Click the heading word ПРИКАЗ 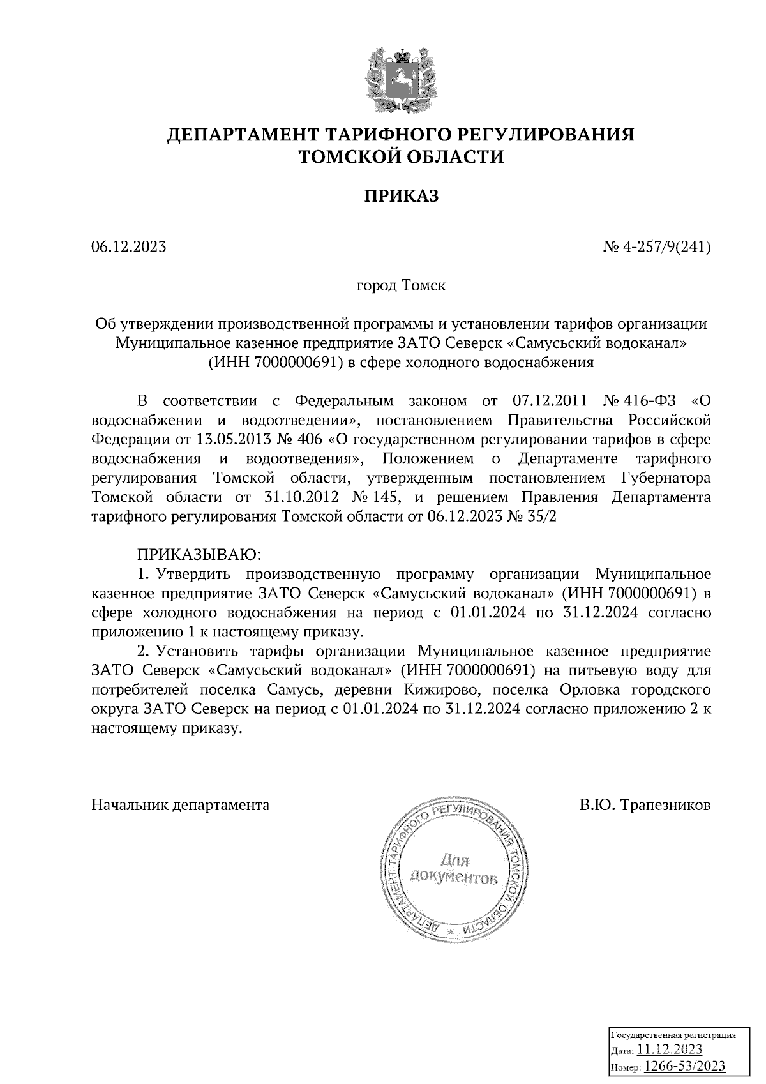click(x=401, y=196)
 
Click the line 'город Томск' click(x=400, y=285)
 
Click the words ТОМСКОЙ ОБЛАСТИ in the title click(x=402, y=156)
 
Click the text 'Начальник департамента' click(x=181, y=805)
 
